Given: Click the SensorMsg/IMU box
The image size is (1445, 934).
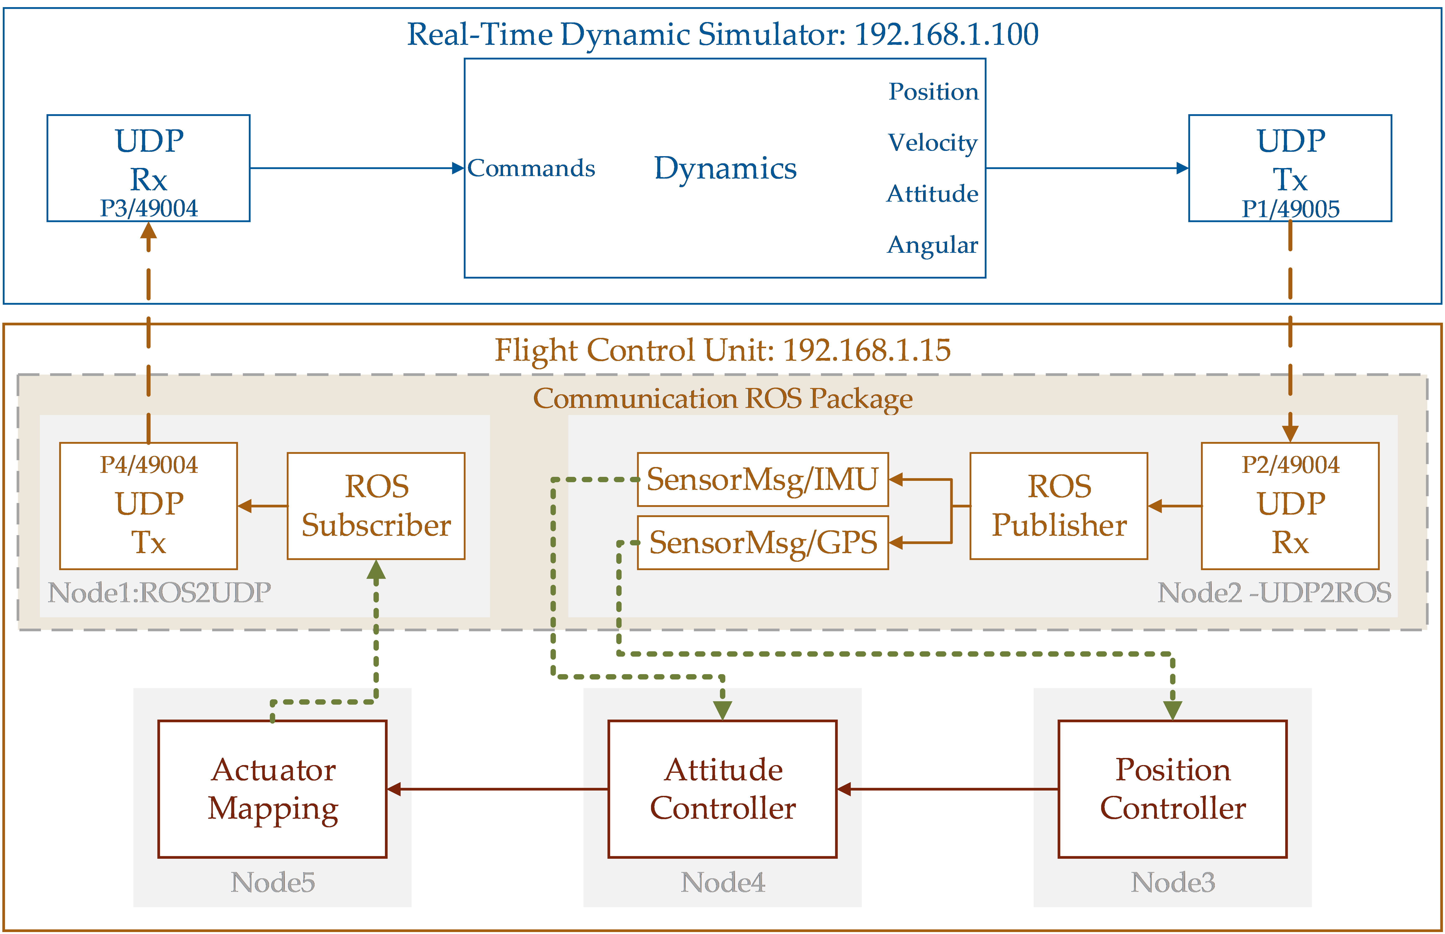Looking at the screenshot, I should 763,479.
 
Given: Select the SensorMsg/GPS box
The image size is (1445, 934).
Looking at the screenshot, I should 763,542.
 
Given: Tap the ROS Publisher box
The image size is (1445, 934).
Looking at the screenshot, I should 1059,506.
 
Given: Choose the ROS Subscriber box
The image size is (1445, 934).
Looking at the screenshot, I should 376,506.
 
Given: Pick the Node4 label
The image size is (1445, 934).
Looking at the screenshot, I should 722,882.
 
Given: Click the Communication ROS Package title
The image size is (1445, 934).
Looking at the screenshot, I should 722,398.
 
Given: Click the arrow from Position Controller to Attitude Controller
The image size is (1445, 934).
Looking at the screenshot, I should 946,789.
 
